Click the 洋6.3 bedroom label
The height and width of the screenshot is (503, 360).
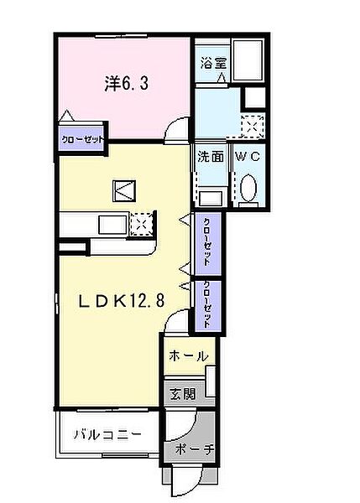126,84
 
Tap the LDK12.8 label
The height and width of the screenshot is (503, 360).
122,301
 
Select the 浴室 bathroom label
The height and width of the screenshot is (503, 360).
213,63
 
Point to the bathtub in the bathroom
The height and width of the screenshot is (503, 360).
248,60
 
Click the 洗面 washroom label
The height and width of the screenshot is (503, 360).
211,157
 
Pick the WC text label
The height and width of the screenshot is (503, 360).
248,156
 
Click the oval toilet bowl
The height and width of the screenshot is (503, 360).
248,187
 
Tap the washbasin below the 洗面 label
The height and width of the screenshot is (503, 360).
211,198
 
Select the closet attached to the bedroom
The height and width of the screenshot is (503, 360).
81,139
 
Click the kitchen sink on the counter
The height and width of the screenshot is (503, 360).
112,225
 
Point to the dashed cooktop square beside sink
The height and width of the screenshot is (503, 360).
141,224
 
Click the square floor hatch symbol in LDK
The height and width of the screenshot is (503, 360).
124,191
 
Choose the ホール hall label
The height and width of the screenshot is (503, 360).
189,355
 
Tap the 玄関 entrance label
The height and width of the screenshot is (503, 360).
182,394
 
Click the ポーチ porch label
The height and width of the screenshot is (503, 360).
195,449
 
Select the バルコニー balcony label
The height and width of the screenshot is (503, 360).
108,434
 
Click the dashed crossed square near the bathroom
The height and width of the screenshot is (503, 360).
253,125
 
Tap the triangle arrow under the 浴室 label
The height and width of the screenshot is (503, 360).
222,78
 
